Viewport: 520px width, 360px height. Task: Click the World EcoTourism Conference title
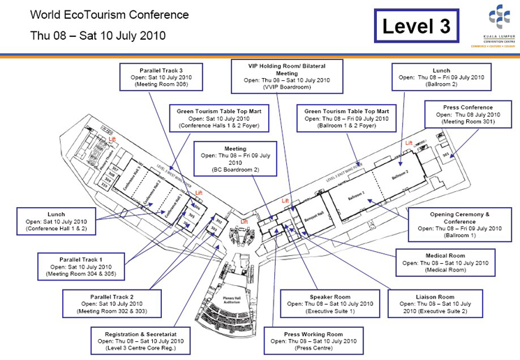click(x=109, y=15)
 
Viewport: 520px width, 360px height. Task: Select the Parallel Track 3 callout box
click(x=161, y=77)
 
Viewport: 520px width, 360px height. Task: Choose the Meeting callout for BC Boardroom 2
click(x=235, y=158)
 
